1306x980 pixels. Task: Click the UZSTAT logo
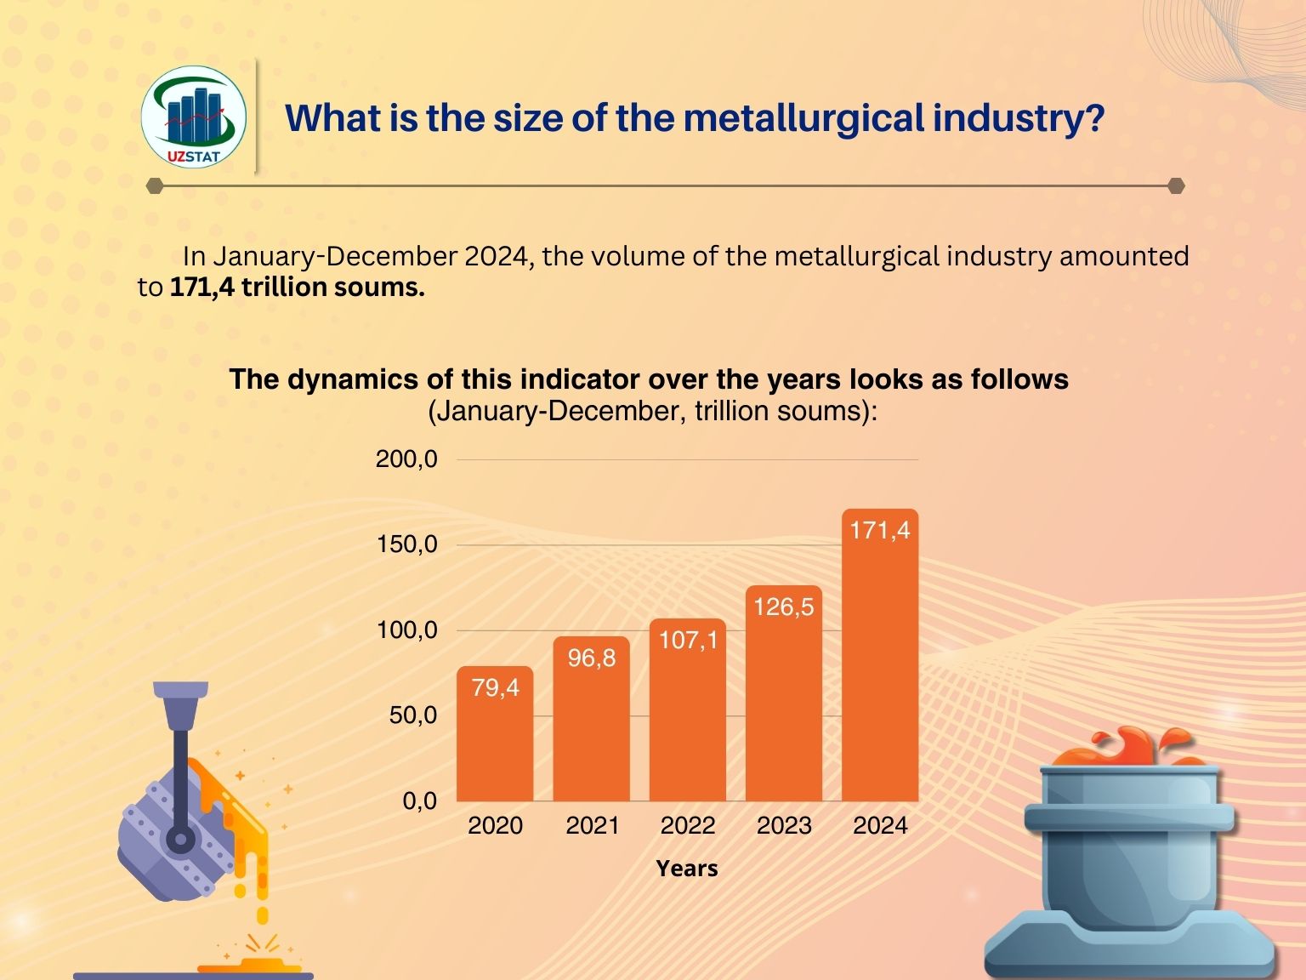point(194,117)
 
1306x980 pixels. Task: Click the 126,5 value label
point(784,607)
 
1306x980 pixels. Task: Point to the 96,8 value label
point(592,658)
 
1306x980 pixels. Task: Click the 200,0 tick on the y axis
point(406,459)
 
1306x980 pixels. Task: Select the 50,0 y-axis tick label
point(412,715)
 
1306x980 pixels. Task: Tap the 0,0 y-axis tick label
point(419,801)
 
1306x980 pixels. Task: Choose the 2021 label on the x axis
point(592,825)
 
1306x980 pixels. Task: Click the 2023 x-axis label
point(784,825)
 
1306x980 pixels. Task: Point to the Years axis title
point(687,869)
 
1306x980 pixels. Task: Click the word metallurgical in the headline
point(803,118)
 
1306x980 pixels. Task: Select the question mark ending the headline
point(1094,118)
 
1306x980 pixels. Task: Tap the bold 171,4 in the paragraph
point(202,288)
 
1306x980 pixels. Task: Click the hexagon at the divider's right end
point(1176,185)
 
